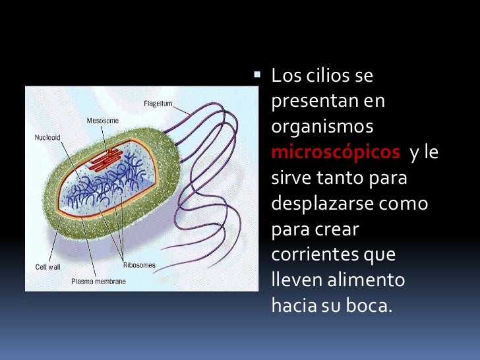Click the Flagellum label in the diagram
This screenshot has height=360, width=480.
[158, 103]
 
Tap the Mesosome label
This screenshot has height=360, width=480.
[102, 121]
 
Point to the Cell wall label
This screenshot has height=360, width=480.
[48, 267]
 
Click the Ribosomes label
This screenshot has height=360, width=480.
[139, 265]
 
